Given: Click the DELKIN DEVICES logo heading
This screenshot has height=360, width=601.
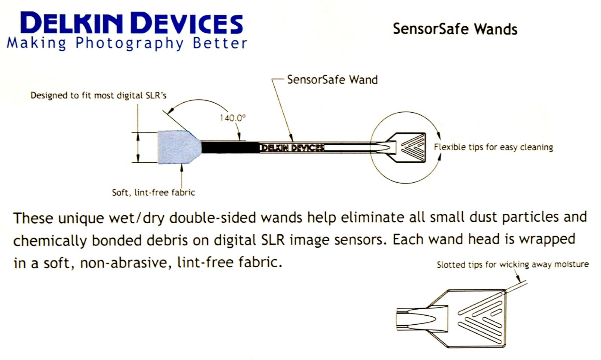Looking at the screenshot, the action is click(x=131, y=23).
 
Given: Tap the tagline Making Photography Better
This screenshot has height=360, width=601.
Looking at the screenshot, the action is click(x=127, y=43).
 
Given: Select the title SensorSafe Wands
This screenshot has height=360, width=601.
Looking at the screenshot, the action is click(x=455, y=29).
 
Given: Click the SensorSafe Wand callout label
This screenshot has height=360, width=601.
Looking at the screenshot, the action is click(x=332, y=80).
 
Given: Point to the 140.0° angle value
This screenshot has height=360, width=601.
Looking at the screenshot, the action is click(x=233, y=118).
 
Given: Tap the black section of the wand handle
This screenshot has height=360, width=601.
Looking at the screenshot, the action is click(x=229, y=147).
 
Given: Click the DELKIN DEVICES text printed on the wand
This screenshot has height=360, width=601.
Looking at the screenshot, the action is click(x=292, y=148).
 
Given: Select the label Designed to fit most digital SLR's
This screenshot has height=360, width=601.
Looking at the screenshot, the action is click(x=98, y=95).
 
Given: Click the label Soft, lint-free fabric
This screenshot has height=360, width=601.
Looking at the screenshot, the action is click(x=153, y=193).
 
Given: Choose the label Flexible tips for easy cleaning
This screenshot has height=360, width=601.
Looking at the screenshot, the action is click(x=493, y=147).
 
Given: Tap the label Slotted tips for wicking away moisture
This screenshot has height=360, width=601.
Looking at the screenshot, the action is click(x=512, y=265).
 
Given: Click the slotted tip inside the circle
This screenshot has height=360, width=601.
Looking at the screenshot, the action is click(x=411, y=147).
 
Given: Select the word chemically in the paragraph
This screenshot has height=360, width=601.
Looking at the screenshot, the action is click(x=50, y=241).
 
